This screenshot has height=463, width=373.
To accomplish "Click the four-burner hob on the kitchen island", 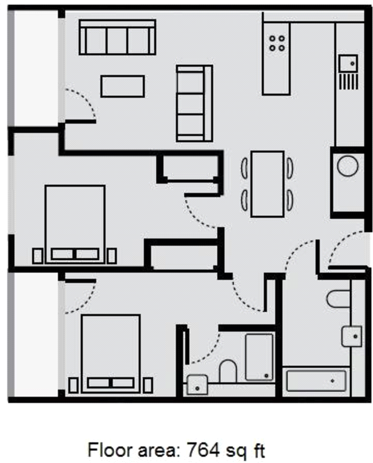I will tap(276, 42).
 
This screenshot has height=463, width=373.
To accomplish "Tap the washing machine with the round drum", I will tap(348, 167).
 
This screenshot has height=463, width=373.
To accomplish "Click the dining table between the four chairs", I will tap(267, 184).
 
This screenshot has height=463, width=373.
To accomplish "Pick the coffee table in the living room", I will tap(123, 86).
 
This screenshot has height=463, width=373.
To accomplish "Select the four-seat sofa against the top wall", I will tap(117, 38).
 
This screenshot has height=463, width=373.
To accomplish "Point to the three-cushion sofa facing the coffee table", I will tap(194, 103).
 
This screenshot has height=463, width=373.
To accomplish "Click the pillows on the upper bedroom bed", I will tap(75, 254).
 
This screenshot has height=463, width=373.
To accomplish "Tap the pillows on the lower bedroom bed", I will tap(111, 383).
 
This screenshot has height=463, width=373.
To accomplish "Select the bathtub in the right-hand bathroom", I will tap(316, 382).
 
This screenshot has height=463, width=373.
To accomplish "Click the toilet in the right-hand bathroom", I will tap(339, 298).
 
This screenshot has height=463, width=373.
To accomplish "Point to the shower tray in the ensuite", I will tap(259, 357).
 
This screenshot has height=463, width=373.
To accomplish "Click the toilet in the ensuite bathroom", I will tap(228, 371).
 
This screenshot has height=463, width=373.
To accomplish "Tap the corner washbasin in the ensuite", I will tap(197, 385).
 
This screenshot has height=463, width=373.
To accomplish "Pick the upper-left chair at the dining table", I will tap(244, 168).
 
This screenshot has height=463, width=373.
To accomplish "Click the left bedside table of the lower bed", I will tap(73, 385).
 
